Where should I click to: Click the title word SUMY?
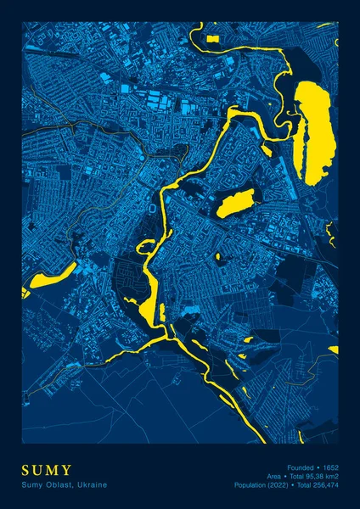tap(48, 470)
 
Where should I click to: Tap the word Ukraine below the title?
tap(90, 484)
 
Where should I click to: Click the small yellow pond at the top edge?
tap(211, 37)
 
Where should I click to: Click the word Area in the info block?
tap(273, 476)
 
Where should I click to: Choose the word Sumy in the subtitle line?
tap(31, 484)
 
